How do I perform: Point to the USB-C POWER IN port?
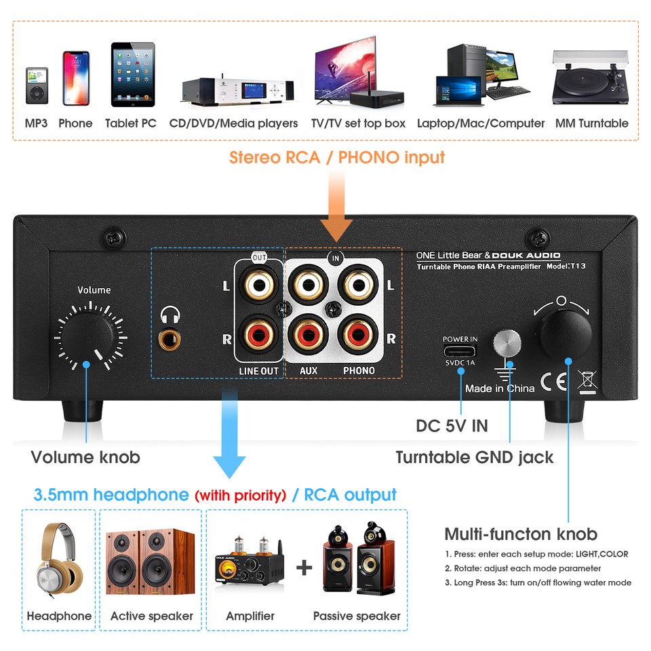(x=460, y=351)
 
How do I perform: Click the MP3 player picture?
(x=37, y=85)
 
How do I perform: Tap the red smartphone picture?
(x=76, y=78)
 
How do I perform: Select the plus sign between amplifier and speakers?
(x=304, y=567)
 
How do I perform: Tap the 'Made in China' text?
(x=500, y=389)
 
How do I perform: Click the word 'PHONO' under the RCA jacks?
(x=359, y=371)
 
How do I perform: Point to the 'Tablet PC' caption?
(x=131, y=123)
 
